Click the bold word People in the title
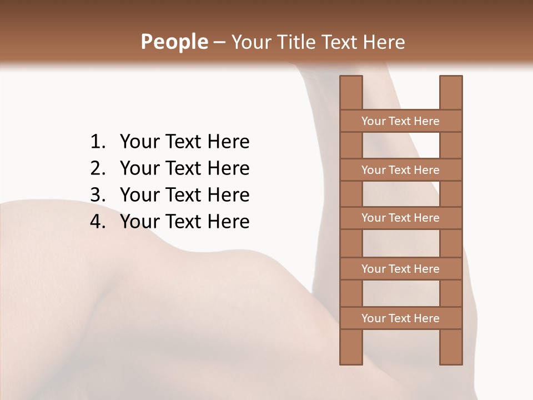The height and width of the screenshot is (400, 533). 174,42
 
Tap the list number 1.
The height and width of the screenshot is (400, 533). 98,142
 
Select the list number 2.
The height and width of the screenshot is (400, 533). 98,168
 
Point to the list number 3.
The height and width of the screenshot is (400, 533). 98,195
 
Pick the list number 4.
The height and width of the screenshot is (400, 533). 98,222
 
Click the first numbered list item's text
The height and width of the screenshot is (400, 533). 184,142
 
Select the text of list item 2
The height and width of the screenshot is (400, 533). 184,168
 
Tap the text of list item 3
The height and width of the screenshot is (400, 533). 184,195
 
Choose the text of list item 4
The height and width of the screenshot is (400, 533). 184,222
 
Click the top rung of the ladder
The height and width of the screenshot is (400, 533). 400,121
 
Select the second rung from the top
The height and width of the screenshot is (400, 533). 400,170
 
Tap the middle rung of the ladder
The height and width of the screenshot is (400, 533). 400,218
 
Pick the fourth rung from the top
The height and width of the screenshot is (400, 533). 400,269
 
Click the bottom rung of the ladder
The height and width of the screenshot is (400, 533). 400,318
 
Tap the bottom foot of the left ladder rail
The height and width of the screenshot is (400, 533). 351,358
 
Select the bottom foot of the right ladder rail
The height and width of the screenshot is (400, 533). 451,358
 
